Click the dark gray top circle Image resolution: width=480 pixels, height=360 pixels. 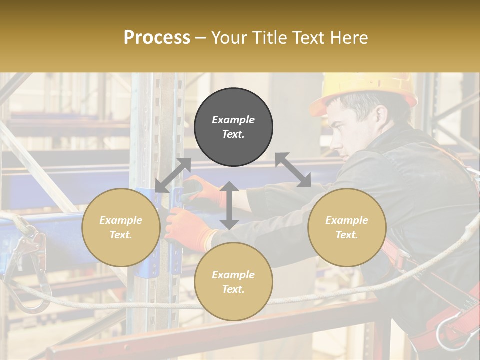pyautogui.click(x=233, y=127)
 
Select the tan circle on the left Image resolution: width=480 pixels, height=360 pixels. pyautogui.click(x=121, y=227)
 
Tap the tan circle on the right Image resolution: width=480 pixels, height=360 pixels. pyautogui.click(x=347, y=227)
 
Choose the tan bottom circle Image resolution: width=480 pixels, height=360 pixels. pyautogui.click(x=233, y=281)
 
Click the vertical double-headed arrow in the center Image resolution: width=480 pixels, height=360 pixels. pyautogui.click(x=229, y=205)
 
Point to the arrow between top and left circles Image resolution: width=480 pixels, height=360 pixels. pyautogui.click(x=173, y=175)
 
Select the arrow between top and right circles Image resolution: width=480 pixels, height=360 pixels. pyautogui.click(x=293, y=170)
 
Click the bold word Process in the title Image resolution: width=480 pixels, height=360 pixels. pyautogui.click(x=157, y=37)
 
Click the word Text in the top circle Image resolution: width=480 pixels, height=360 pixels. pyautogui.click(x=233, y=134)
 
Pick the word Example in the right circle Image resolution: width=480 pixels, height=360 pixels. pyautogui.click(x=347, y=220)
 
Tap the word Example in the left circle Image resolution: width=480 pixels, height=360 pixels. pyautogui.click(x=121, y=220)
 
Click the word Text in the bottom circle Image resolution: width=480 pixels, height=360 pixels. pyautogui.click(x=233, y=289)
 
